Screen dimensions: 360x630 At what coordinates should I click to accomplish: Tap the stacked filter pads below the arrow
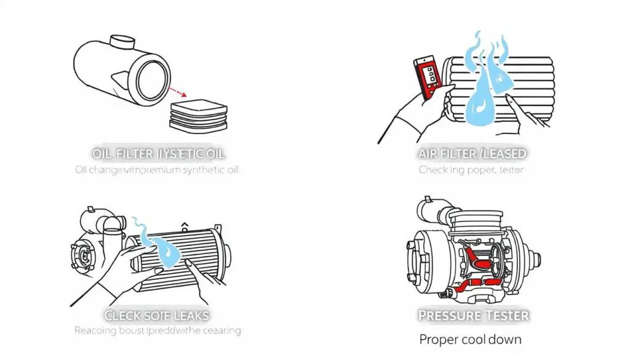click(x=198, y=116)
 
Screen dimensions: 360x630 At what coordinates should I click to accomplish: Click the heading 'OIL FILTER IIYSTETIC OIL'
click(x=159, y=153)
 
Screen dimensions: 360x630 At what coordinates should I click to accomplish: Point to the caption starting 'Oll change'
click(x=158, y=170)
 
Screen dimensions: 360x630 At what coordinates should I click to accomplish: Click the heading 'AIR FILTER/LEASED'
click(x=471, y=153)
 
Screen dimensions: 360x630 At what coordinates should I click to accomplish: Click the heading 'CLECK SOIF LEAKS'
click(x=157, y=316)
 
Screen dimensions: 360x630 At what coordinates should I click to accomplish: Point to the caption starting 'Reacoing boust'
click(x=157, y=331)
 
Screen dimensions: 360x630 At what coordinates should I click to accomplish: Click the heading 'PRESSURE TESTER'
click(x=474, y=316)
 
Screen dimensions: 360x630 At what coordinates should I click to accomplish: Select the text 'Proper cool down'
click(x=471, y=339)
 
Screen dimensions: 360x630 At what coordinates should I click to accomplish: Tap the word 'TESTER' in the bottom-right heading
click(x=504, y=316)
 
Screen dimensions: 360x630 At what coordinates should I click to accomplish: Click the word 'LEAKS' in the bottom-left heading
click(x=188, y=316)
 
